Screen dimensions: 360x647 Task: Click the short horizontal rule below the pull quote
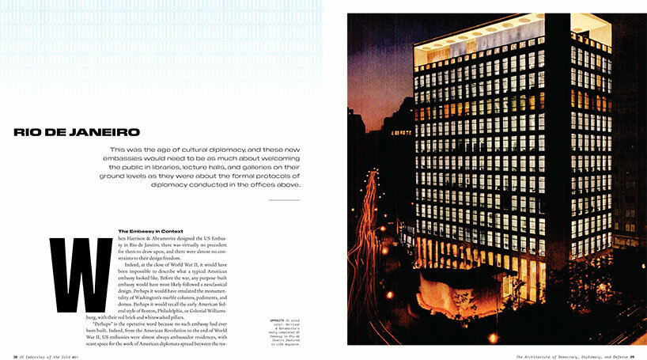284,200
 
